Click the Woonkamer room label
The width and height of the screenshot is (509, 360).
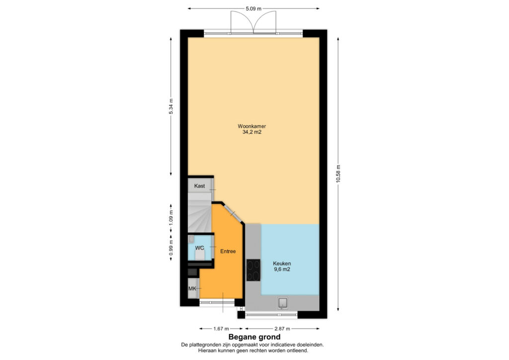(x=252, y=126)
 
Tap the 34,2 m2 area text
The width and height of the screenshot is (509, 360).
(x=252, y=132)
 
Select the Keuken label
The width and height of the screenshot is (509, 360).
(x=282, y=264)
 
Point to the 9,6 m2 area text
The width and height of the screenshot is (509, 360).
(x=282, y=270)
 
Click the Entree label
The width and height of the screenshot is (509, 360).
(x=228, y=251)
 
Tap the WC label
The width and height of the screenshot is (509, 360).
(x=200, y=248)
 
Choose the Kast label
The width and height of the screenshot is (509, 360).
(x=200, y=186)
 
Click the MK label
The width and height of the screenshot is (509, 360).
(x=192, y=288)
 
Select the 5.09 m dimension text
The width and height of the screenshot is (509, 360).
(x=253, y=9)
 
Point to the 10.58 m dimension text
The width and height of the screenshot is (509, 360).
(x=338, y=174)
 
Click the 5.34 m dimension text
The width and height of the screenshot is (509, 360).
(x=171, y=106)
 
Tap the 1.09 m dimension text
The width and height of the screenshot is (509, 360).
(x=171, y=218)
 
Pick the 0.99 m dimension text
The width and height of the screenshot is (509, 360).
(x=171, y=248)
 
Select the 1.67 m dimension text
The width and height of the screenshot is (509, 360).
(x=221, y=329)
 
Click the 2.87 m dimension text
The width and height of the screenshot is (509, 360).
(x=282, y=329)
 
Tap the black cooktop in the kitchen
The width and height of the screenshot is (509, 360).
(x=253, y=270)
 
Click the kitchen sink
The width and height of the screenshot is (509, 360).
(x=283, y=303)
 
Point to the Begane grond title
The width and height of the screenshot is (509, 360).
(x=254, y=337)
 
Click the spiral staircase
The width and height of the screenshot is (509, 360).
(x=200, y=213)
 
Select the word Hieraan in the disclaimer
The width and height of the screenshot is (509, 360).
(x=207, y=351)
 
